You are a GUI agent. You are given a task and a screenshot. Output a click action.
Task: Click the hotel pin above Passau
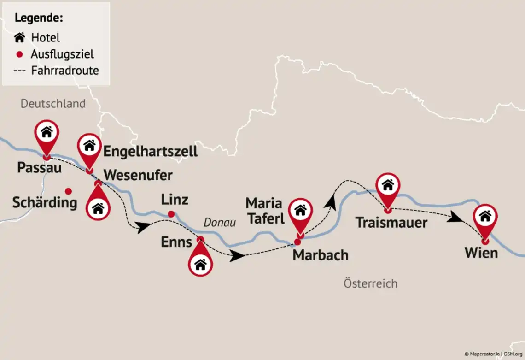tap(47, 133)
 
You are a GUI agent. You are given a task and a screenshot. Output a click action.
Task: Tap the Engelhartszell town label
tap(150, 151)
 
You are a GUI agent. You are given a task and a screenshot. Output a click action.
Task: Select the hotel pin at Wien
tap(485, 217)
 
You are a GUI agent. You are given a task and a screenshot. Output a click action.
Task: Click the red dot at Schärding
tap(68, 191)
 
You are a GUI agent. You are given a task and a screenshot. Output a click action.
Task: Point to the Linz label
tap(175, 200)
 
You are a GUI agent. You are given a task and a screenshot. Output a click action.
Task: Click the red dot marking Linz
tap(171, 214)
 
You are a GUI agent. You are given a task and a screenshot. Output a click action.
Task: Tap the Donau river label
tap(220, 223)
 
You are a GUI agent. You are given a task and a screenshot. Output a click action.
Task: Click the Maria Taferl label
tap(265, 210)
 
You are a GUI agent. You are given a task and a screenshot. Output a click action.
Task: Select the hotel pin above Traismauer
tap(388, 186)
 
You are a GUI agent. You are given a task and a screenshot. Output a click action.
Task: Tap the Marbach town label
tap(321, 255)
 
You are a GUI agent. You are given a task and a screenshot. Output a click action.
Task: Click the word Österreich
tap(370, 283)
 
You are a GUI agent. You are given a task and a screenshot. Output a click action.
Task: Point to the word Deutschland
tap(53, 103)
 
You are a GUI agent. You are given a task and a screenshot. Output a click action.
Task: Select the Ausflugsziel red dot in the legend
tap(19, 54)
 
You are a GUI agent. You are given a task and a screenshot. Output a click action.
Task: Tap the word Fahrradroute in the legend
tap(65, 71)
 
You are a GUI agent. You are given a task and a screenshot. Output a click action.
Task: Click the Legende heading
tap(39, 18)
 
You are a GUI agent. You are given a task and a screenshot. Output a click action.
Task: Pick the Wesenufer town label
tap(138, 175)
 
